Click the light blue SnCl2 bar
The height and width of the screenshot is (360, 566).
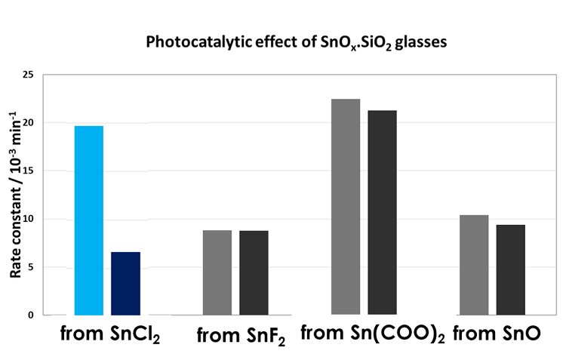tap(88, 220)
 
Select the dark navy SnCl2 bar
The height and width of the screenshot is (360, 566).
tap(125, 283)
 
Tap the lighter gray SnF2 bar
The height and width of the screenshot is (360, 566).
tap(217, 272)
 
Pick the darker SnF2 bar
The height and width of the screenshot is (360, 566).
tap(254, 272)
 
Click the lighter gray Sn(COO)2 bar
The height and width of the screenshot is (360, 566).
tap(346, 207)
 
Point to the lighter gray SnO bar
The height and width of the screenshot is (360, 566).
tap(474, 265)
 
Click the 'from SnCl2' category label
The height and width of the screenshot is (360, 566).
tap(110, 334)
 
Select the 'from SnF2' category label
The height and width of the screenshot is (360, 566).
tap(241, 337)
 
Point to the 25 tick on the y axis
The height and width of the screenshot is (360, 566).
tap(29, 75)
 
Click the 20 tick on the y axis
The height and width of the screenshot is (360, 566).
tap(29, 123)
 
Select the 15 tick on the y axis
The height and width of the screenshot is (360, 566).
tap(29, 171)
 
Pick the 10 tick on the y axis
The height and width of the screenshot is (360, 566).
tap(29, 219)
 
